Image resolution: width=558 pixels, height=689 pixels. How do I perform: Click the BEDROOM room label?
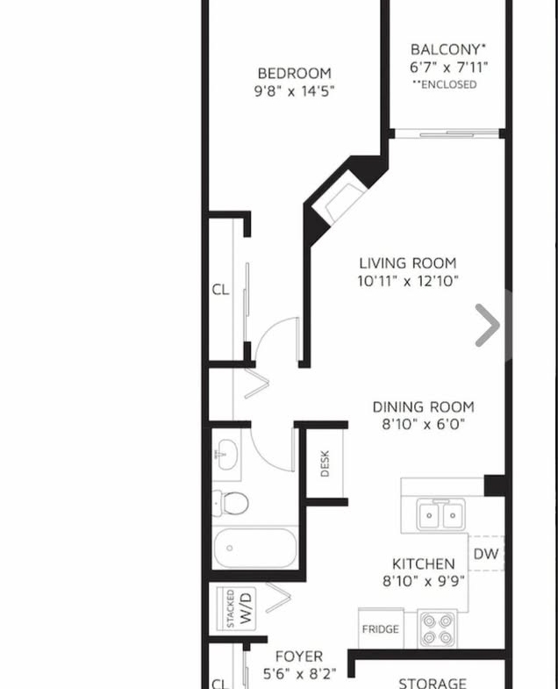coord(294,73)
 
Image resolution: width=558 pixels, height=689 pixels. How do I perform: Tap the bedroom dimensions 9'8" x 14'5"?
coord(294,91)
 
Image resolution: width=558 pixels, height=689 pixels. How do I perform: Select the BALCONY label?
coord(448,49)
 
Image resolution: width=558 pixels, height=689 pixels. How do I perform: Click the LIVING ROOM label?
coord(408,263)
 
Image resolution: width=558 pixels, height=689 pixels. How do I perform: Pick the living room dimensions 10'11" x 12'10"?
coord(408,281)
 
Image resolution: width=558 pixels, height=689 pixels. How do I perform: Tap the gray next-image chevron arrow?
coord(488,325)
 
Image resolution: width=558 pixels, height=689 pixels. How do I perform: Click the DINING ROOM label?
coord(423,407)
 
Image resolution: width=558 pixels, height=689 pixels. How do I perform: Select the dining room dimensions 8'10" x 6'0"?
coord(423,425)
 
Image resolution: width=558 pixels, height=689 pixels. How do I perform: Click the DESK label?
coord(325,463)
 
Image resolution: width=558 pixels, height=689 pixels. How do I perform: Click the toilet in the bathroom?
coord(230,503)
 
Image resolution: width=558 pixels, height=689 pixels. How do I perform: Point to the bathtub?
coord(254,548)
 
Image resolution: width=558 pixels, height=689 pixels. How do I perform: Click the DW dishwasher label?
coord(486,554)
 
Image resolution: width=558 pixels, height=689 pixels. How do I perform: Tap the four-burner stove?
coord(437,628)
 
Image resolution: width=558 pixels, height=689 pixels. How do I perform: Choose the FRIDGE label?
coord(381,629)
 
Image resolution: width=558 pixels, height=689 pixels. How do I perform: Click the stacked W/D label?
coord(240,609)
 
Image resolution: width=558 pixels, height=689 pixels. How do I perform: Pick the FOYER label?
coord(299,657)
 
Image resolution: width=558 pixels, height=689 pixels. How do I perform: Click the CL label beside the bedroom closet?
coord(220,290)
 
